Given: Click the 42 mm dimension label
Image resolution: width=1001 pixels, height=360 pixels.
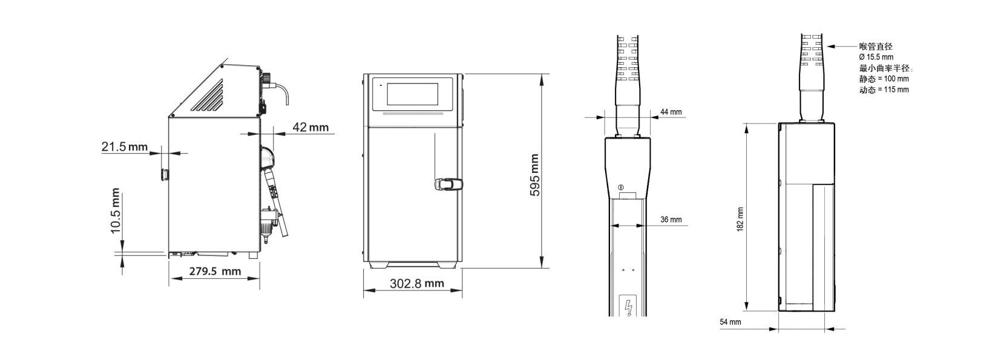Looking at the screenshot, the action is [x=310, y=127].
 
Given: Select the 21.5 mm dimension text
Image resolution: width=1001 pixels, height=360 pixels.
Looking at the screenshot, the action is [x=125, y=146].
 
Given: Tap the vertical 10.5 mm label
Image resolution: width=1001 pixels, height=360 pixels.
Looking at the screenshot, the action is [x=115, y=211].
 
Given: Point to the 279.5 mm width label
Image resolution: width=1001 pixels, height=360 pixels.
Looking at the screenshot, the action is [x=215, y=271].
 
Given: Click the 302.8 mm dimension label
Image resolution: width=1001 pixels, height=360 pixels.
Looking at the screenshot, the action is [x=417, y=283].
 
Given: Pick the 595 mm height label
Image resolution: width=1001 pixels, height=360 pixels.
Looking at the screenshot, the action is [x=534, y=175].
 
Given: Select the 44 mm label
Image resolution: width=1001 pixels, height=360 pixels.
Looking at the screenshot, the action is [x=671, y=112].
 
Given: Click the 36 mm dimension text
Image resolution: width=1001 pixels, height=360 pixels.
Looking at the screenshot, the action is [x=671, y=219].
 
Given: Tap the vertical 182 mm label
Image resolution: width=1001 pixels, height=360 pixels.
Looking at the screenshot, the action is [x=740, y=219].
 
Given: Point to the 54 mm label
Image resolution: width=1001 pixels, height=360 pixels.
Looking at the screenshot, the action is [x=730, y=322].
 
